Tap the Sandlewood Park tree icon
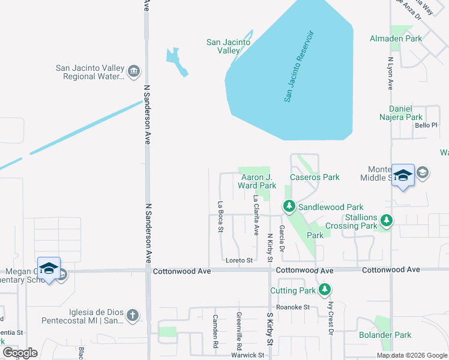[x=289, y=207]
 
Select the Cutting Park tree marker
[x=325, y=290]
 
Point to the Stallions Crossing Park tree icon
[x=387, y=221]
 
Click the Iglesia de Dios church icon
[x=133, y=315]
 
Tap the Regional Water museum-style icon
[x=134, y=73]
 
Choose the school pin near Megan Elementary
[x=49, y=268]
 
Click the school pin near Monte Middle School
[x=403, y=175]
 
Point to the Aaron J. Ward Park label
[x=257, y=181]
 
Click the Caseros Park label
[x=315, y=177]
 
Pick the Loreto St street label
[x=239, y=260]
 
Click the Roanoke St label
[x=297, y=307]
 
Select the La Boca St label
[x=221, y=217]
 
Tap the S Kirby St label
[x=270, y=332]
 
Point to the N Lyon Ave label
[x=390, y=74]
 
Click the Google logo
[x=20, y=352]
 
